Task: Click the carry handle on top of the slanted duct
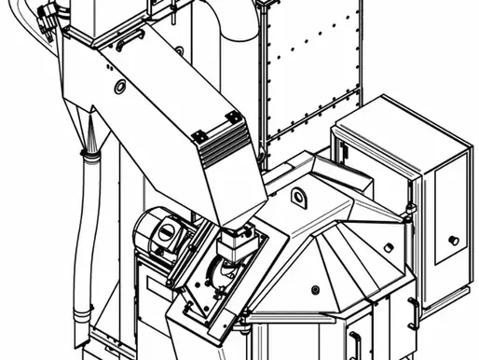tap(129, 40)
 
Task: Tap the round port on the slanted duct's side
tap(120, 87)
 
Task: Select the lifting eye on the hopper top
tap(297, 197)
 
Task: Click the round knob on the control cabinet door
tap(453, 240)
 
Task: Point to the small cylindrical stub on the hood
tap(388, 247)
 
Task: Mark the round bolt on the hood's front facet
tap(315, 288)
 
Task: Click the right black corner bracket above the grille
tap(233, 118)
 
